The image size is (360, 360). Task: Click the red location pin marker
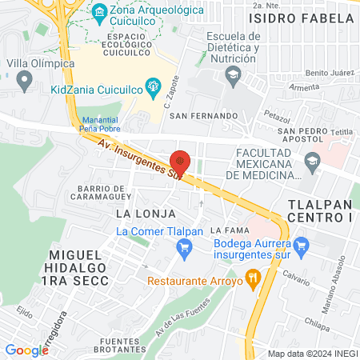pyautogui.click(x=181, y=162)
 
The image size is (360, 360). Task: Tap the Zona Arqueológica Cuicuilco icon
pyautogui.click(x=99, y=11)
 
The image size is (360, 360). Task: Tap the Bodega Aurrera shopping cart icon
pyautogui.click(x=300, y=244)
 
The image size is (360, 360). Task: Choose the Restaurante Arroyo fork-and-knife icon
pyautogui.click(x=254, y=278)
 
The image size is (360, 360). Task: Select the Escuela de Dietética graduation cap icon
pyautogui.click(x=234, y=77)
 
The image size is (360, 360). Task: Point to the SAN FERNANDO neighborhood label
pyautogui.click(x=204, y=116)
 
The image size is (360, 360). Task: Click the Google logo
pyautogui.click(x=26, y=350)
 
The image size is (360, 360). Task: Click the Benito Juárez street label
pyautogui.click(x=330, y=73)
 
